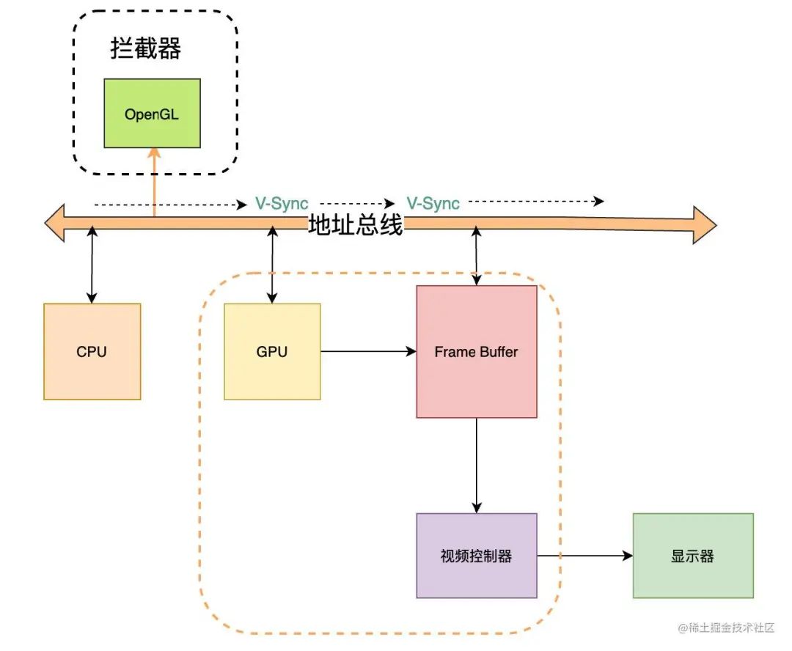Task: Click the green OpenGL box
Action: (153, 113)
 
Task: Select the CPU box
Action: (92, 351)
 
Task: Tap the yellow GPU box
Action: (272, 351)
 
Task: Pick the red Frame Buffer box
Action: (477, 351)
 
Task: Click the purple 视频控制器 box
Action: (477, 555)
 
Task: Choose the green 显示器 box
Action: (692, 555)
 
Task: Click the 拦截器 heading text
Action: (145, 48)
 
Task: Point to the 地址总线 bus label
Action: (356, 224)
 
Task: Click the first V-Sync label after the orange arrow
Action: (282, 204)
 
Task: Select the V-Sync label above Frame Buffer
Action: (433, 204)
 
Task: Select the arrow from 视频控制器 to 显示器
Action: (584, 556)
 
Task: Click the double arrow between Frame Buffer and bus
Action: (477, 256)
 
